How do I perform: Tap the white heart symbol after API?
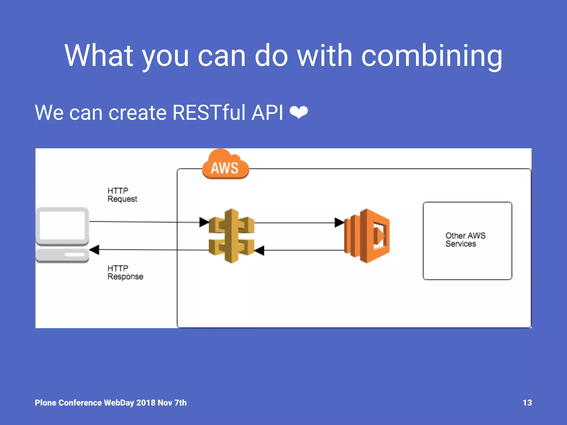[299, 113]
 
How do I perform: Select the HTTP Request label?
[122, 195]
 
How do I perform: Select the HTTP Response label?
[125, 272]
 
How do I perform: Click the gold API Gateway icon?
[231, 236]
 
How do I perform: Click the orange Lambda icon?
[367, 236]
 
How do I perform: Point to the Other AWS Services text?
[465, 240]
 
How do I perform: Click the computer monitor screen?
[62, 226]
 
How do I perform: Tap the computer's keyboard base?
[62, 255]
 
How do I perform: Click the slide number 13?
[527, 403]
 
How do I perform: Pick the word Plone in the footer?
[46, 403]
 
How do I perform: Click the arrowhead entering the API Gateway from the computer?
[204, 222]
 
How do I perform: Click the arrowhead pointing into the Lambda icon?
[339, 222]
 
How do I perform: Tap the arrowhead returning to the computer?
[94, 250]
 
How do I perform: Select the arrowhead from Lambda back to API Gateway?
[259, 250]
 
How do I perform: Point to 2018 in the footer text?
[146, 403]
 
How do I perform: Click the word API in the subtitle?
[267, 113]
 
